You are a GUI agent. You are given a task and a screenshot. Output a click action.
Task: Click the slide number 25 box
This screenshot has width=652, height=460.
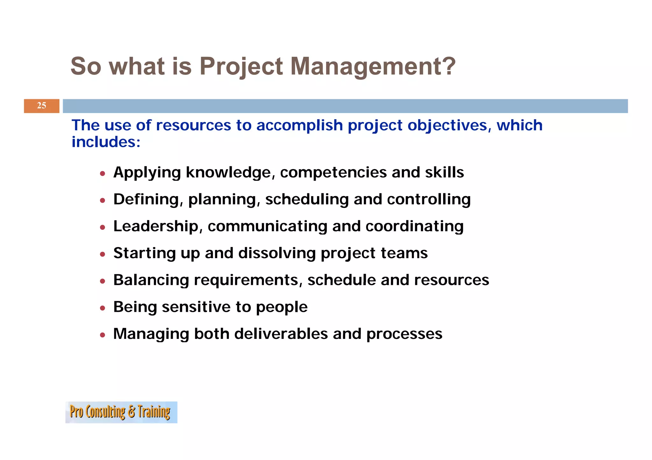click(x=41, y=106)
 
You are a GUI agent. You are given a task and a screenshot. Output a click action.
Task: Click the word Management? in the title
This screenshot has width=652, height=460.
click(x=373, y=66)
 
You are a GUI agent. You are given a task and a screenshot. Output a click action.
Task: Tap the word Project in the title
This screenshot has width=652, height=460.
click(x=241, y=66)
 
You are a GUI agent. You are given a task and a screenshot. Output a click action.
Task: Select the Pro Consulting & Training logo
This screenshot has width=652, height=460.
click(x=121, y=412)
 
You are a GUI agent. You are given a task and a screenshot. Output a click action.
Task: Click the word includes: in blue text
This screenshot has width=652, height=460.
click(x=106, y=142)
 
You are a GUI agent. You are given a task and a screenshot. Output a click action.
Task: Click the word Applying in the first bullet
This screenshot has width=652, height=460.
click(x=147, y=173)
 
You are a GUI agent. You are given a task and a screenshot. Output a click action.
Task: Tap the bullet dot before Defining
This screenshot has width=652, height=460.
click(x=102, y=200)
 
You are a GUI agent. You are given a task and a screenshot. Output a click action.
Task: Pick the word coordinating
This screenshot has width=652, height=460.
click(x=414, y=226)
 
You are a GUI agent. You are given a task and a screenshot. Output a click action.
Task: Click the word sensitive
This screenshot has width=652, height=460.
click(x=196, y=307)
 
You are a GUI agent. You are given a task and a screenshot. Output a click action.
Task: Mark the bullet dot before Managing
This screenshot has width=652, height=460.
click(x=102, y=335)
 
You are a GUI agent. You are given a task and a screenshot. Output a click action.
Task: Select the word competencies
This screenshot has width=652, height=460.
click(x=333, y=173)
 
